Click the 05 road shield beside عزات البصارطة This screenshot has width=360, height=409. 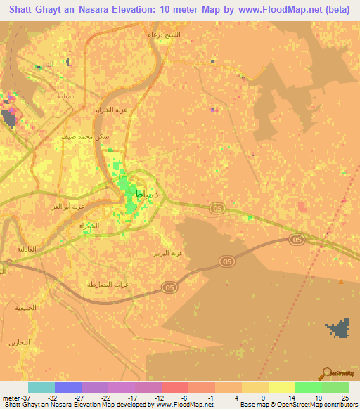pyautogui.click(x=169, y=287)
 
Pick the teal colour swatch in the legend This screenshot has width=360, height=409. pyautogui.click(x=41, y=387)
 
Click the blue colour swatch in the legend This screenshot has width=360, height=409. pyautogui.click(x=68, y=387)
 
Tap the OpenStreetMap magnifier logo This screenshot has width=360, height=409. pyautogui.click(x=327, y=374)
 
